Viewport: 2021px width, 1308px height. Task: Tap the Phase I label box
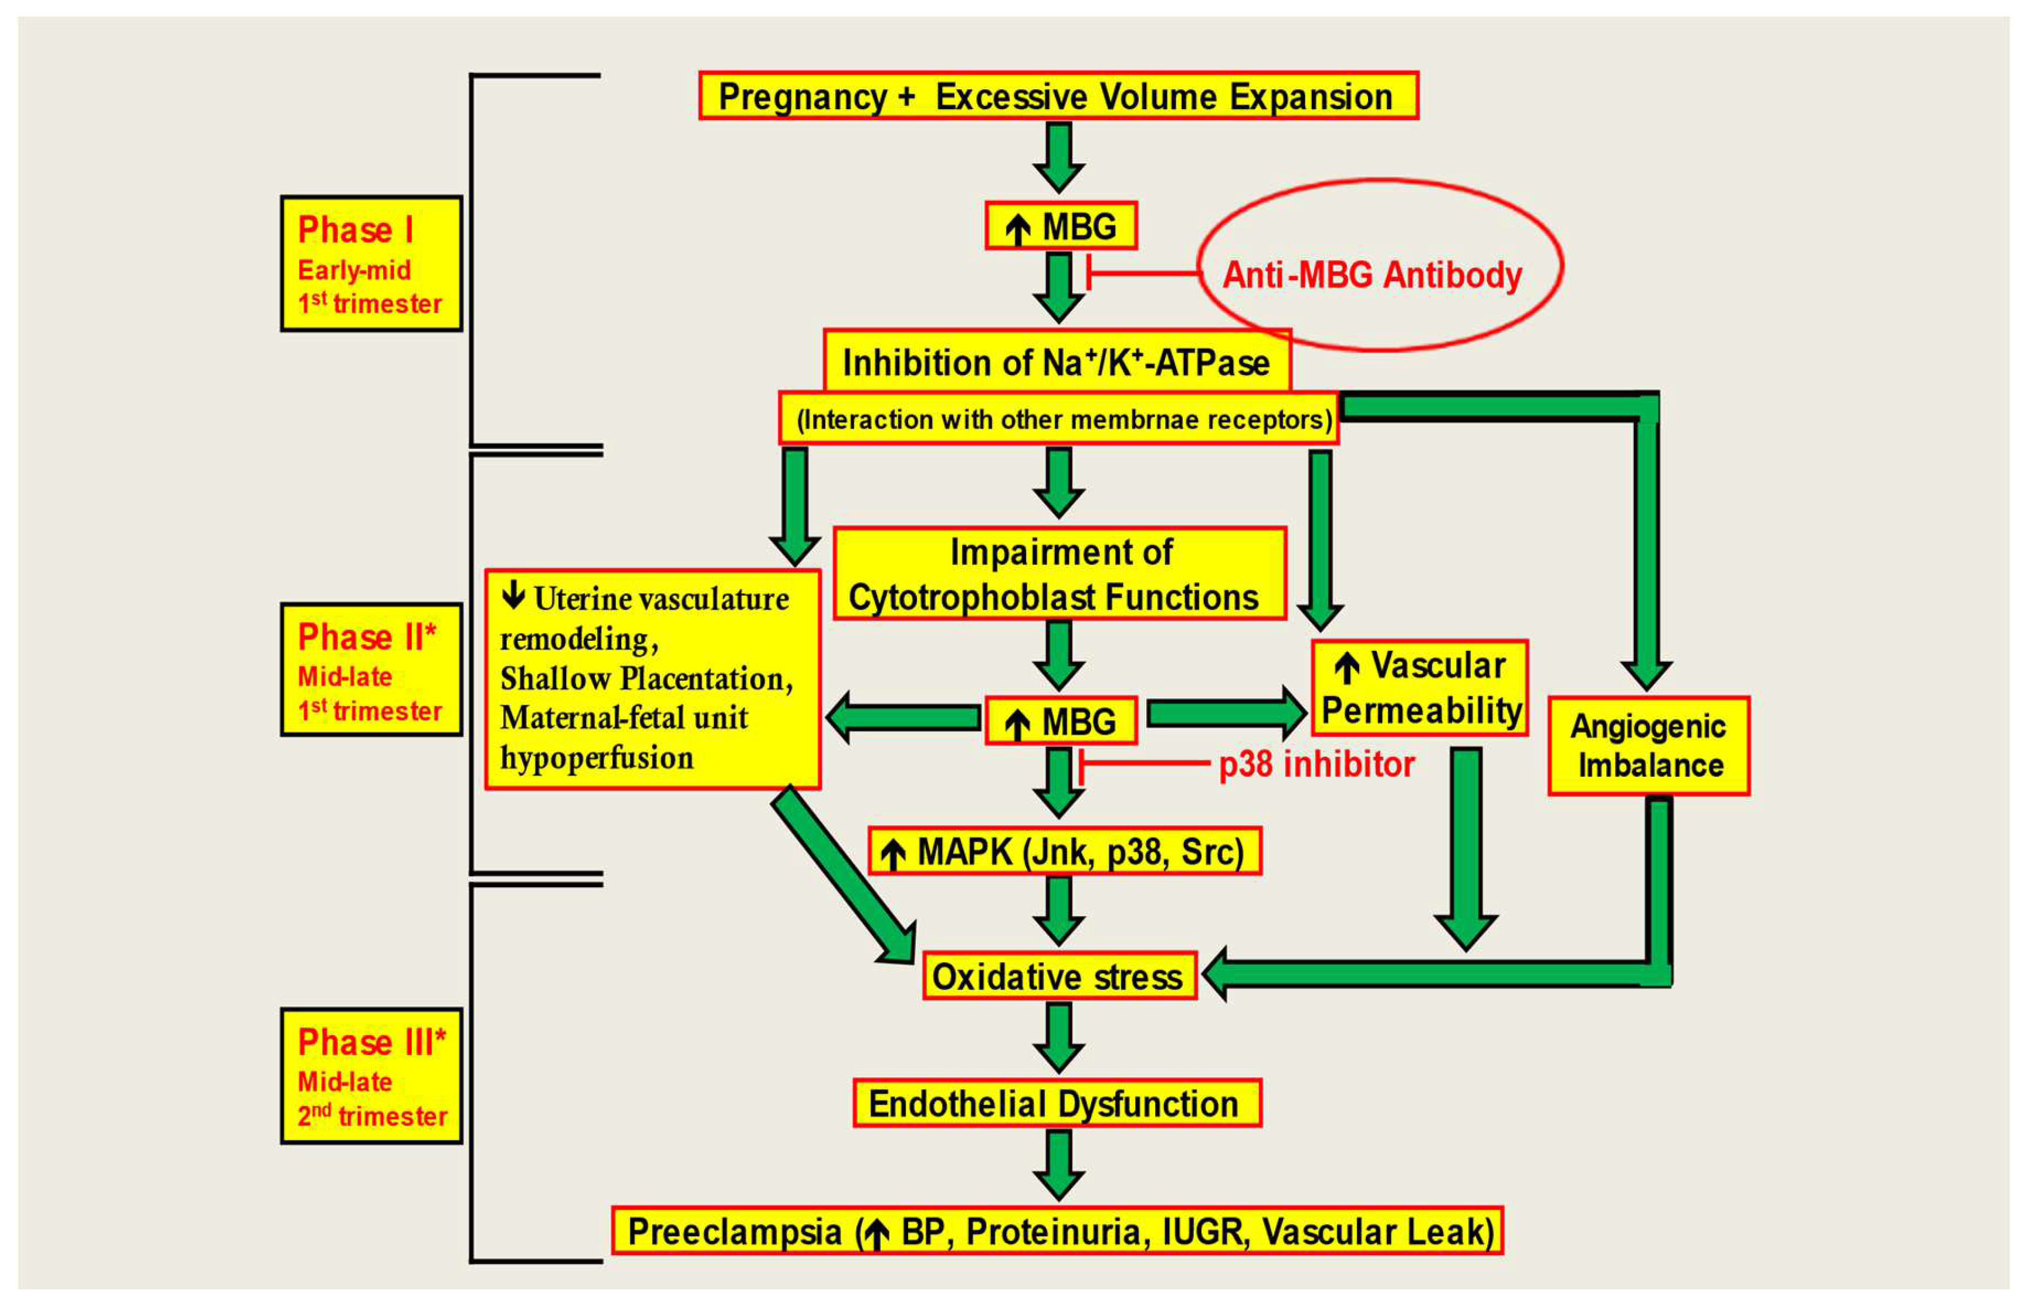(371, 263)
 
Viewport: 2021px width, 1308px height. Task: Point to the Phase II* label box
(371, 670)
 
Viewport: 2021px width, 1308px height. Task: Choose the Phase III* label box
(371, 1075)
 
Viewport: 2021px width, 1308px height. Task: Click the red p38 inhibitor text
(1316, 765)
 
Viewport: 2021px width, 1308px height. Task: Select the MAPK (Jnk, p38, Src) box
(1064, 851)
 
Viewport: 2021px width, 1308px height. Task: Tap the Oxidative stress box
(1059, 976)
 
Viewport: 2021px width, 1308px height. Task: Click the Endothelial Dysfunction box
(1057, 1103)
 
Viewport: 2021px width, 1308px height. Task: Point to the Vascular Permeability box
(1420, 688)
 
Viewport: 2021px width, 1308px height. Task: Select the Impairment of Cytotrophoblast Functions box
(1059, 574)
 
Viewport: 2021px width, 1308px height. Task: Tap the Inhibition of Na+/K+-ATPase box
(1057, 363)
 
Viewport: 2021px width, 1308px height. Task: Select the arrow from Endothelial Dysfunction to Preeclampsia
(1058, 1165)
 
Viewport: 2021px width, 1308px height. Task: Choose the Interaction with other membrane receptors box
(1058, 419)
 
